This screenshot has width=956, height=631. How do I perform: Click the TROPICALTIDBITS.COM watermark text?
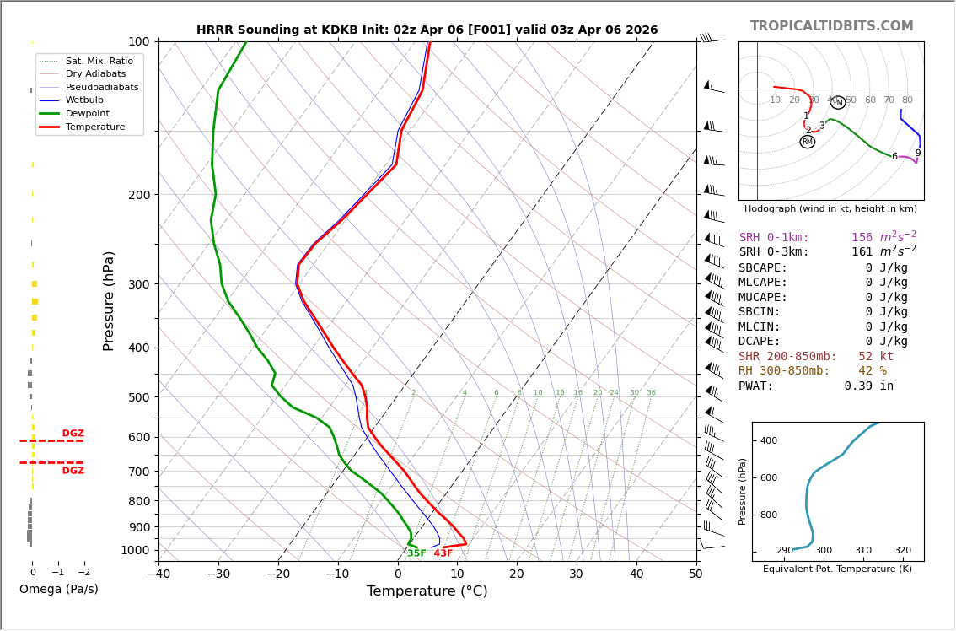click(831, 26)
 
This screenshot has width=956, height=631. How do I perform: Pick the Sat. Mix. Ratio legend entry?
click(99, 61)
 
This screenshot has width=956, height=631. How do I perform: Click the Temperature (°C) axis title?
click(427, 591)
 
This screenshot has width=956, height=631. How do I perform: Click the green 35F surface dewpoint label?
click(416, 553)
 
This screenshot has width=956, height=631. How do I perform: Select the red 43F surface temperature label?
click(443, 553)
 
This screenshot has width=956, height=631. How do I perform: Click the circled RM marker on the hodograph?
click(807, 142)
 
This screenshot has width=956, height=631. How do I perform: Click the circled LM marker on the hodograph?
click(837, 103)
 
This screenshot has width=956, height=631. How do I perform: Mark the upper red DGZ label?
click(73, 434)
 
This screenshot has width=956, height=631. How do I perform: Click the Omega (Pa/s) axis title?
click(58, 589)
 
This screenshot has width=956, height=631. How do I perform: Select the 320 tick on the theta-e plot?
click(902, 551)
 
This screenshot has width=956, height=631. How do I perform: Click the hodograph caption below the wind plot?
click(830, 208)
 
